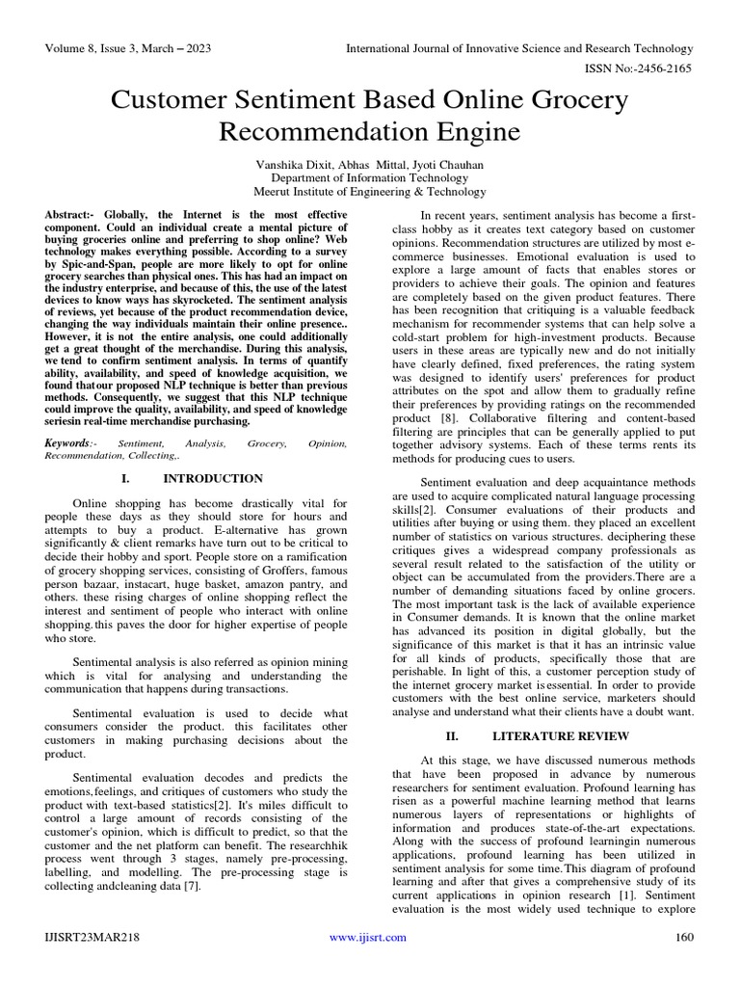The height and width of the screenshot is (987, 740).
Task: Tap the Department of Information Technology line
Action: [370, 177]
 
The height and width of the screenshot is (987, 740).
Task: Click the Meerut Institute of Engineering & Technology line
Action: [370, 192]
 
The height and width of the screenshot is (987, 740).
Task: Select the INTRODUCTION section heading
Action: [213, 478]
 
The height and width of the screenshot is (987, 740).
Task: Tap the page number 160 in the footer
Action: [684, 937]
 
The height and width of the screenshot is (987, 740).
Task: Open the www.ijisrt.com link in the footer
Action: [368, 937]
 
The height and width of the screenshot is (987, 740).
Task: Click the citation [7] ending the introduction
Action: [192, 887]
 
